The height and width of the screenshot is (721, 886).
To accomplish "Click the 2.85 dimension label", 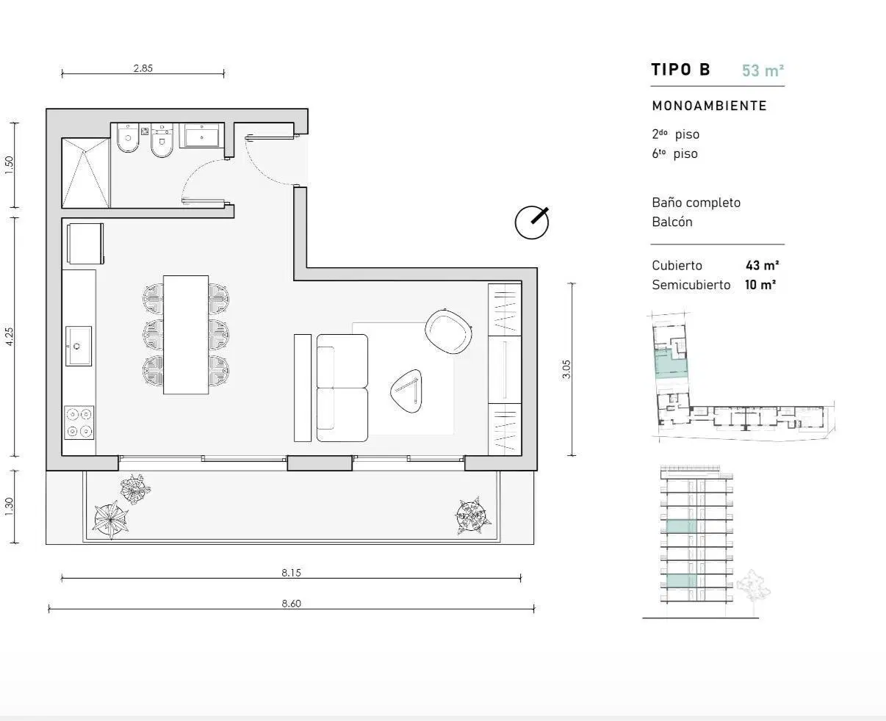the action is point(143,68).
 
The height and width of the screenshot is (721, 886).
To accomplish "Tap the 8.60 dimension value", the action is point(291,604).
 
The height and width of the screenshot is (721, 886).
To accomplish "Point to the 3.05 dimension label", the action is point(566,369).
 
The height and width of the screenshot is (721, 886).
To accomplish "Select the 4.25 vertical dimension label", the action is point(9,336).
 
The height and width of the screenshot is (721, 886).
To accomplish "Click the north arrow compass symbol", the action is point(532,222).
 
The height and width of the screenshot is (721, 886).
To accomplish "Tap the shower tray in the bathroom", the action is point(86,173).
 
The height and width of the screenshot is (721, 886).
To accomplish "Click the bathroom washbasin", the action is point(202,137).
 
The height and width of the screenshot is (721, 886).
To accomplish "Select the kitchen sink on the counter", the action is point(79,346).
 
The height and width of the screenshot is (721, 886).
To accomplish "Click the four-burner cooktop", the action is point(79,422).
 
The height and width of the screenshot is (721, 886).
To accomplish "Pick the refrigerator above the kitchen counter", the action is point(85,244).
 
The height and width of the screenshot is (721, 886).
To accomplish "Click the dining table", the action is point(186,335).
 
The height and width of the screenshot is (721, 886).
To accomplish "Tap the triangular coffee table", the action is point(406,391).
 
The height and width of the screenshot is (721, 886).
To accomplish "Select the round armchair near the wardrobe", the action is point(448,332).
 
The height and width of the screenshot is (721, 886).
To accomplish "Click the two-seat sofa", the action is point(342,388).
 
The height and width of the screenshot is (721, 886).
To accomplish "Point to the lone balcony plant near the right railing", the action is point(472,515).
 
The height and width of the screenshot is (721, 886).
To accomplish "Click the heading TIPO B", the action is point(680,70).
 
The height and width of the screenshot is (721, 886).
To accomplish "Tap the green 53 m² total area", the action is point(763,70).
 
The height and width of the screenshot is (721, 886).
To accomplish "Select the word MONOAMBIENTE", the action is point(709,106).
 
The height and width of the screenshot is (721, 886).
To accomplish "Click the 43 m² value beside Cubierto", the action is point(762,265).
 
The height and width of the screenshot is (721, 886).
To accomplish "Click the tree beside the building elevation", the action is point(753,590).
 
